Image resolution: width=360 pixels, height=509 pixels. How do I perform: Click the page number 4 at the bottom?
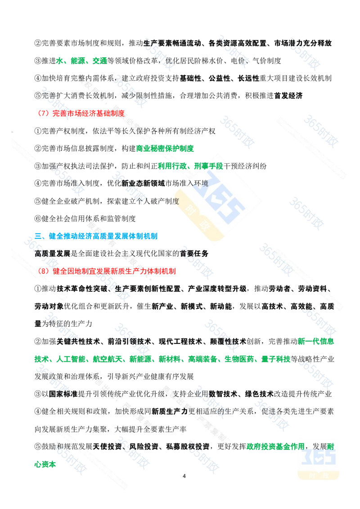tap(184, 476)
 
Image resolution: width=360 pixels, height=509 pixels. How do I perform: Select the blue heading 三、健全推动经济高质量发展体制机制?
tap(96, 236)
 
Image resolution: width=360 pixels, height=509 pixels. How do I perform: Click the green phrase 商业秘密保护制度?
tap(165, 148)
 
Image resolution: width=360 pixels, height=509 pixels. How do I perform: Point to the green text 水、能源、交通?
tap(81, 61)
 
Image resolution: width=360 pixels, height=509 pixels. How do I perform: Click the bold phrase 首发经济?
tap(288, 96)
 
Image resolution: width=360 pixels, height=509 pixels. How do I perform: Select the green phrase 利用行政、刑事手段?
tap(190, 166)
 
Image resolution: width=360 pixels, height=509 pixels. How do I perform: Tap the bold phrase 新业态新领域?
tap(143, 183)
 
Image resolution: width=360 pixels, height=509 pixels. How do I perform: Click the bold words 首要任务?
tap(194, 254)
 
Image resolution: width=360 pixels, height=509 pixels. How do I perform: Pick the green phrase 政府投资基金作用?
tap(275, 446)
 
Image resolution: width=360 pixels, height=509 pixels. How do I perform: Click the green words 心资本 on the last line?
tap(45, 464)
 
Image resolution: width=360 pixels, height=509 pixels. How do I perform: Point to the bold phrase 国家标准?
tap(63, 394)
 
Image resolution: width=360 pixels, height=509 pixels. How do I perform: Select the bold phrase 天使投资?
tap(107, 446)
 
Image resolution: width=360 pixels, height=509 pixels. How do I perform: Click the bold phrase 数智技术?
tap(223, 394)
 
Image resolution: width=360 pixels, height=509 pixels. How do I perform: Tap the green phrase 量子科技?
tap(276, 359)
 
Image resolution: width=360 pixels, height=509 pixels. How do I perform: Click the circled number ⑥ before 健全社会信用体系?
tap(38, 219)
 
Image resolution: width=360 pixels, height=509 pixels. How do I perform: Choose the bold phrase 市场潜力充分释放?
tap(303, 43)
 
